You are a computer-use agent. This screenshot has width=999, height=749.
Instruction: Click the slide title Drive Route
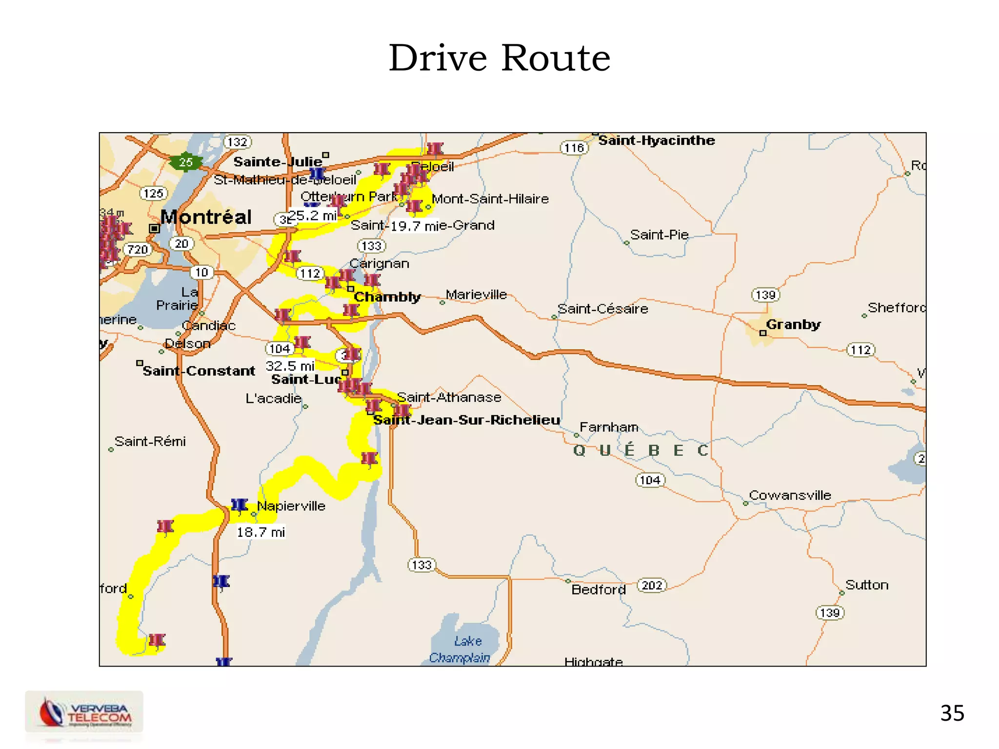(499, 58)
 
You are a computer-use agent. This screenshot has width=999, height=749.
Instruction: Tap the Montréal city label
(206, 217)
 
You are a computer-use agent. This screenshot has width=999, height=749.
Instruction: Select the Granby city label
(793, 324)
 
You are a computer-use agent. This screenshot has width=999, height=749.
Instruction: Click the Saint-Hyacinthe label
(656, 140)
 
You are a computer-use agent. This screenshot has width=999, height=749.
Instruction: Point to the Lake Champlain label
(461, 649)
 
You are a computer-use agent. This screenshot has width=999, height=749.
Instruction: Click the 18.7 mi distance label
(260, 532)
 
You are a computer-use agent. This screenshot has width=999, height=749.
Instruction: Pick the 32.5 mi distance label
(290, 366)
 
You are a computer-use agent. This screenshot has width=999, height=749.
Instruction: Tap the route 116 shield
(574, 148)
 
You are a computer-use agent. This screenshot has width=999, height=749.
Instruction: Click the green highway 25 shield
(185, 162)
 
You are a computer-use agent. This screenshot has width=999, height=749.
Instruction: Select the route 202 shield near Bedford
(652, 585)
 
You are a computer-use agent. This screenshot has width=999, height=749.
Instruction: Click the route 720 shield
(138, 250)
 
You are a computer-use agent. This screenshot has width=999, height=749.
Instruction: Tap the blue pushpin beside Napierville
(239, 505)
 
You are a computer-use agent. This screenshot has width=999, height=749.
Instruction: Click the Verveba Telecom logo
(84, 712)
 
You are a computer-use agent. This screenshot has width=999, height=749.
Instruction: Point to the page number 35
(952, 713)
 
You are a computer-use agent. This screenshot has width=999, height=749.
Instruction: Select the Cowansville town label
(789, 495)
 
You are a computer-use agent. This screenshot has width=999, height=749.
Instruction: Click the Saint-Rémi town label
(150, 441)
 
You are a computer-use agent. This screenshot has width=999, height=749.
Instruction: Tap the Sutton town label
(866, 585)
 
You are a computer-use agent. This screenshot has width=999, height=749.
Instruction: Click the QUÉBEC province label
(640, 450)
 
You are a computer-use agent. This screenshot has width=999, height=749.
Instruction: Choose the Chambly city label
(387, 297)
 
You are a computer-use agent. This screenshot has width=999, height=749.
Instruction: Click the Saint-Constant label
(199, 371)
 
